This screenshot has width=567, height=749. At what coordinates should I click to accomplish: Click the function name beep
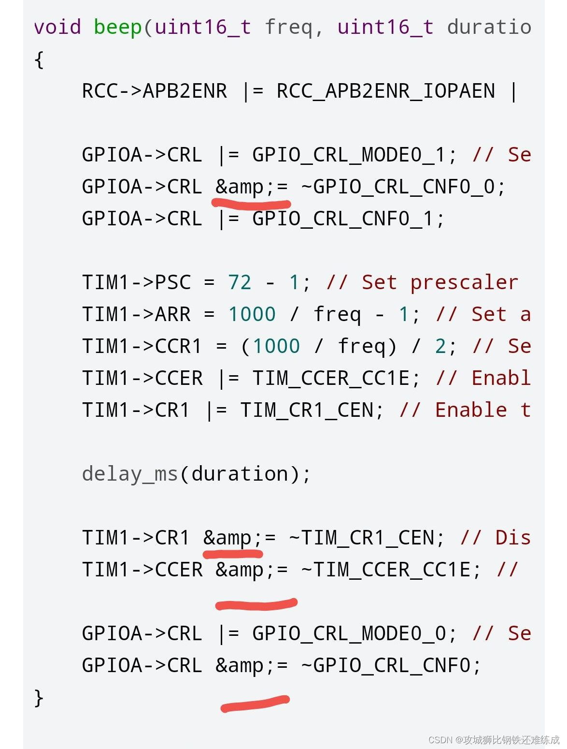pyautogui.click(x=118, y=27)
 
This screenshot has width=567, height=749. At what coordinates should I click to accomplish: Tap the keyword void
pyautogui.click(x=57, y=27)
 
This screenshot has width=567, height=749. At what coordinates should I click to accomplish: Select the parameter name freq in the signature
pyautogui.click(x=288, y=27)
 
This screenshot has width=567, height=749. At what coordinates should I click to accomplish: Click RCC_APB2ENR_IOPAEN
pyautogui.click(x=385, y=91)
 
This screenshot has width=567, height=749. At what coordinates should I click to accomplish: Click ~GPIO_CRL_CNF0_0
pyautogui.click(x=403, y=187)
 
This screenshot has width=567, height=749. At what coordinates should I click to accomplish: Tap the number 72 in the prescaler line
pyautogui.click(x=240, y=282)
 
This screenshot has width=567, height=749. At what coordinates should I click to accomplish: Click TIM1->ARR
pyautogui.click(x=136, y=314)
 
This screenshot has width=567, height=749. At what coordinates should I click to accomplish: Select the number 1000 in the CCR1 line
pyautogui.click(x=276, y=346)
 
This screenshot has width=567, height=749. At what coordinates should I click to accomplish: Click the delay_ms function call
pyautogui.click(x=130, y=474)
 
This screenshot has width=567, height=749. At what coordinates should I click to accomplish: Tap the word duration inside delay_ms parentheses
pyautogui.click(x=240, y=474)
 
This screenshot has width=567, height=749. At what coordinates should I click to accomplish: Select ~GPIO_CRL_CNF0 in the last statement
pyautogui.click(x=391, y=665)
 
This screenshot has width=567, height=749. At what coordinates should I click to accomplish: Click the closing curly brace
pyautogui.click(x=39, y=697)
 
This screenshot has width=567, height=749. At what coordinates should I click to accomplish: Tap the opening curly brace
pyautogui.click(x=39, y=60)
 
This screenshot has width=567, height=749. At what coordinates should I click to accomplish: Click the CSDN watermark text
pyautogui.click(x=493, y=740)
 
